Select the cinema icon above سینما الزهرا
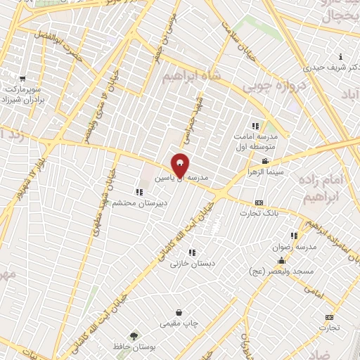(x=264, y=162)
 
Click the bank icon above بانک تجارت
(x=259, y=202)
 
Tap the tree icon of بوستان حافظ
(x=134, y=335)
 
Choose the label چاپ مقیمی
(x=179, y=323)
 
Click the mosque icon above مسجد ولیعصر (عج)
(x=281, y=260)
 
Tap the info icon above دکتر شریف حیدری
(x=341, y=56)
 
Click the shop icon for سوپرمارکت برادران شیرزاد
(x=23, y=79)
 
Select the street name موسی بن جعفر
(x=166, y=28)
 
